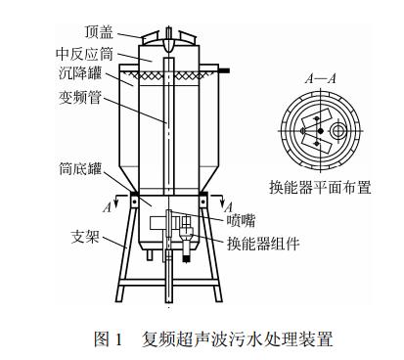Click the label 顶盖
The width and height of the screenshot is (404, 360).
[x=99, y=32]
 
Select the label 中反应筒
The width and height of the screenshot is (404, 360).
[x=84, y=54]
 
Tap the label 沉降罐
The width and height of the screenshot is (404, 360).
[x=80, y=73]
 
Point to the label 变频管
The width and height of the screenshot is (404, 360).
[x=80, y=97]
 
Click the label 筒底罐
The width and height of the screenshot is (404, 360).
[x=80, y=168]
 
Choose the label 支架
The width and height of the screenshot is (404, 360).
[x=85, y=237]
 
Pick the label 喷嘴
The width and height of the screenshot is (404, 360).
[x=241, y=220]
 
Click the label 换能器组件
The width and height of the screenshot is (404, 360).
[x=263, y=244]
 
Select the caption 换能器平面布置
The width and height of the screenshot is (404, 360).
[x=320, y=188]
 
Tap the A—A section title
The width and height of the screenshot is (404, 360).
[x=320, y=79]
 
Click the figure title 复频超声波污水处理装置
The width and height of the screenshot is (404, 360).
[x=237, y=339]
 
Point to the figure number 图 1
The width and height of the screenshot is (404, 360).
[x=108, y=339]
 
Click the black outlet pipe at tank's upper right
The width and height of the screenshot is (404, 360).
[x=224, y=70]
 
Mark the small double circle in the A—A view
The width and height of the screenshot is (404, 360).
[x=338, y=131]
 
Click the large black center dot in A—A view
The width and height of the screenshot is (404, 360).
[x=321, y=131]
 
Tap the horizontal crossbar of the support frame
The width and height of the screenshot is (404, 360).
[x=169, y=283]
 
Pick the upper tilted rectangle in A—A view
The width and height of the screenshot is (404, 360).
[x=317, y=119]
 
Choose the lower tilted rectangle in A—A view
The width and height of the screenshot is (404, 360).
[x=317, y=144]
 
